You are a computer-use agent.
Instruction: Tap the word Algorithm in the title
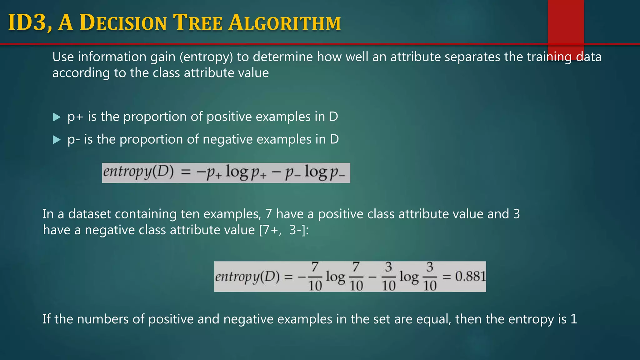point(284,23)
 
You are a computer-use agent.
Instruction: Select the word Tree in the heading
point(198,23)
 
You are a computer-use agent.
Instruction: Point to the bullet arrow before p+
point(57,117)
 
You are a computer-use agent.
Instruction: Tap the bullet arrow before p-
point(57,140)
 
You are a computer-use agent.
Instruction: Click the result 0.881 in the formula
point(470,277)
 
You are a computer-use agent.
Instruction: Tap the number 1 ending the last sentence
point(574,319)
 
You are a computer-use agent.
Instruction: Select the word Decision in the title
point(123,23)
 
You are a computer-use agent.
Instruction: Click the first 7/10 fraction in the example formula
point(315,277)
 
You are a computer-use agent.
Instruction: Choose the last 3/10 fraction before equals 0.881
point(430,277)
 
